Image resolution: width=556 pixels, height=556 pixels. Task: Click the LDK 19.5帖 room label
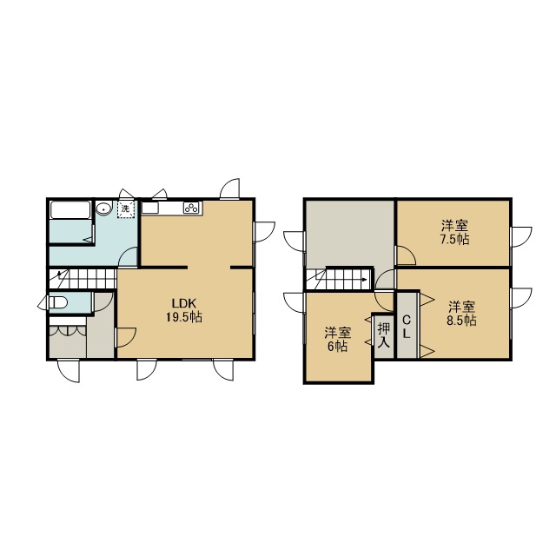(x=184, y=310)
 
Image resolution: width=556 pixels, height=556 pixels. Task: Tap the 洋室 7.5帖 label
(x=454, y=233)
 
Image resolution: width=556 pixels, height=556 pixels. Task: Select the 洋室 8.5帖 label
(x=461, y=314)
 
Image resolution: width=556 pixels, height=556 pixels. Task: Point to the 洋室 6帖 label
(x=337, y=340)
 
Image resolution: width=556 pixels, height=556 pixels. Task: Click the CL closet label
(x=407, y=327)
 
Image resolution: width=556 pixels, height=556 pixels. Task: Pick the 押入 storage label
(x=384, y=335)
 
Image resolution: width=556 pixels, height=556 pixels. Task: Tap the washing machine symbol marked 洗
(x=126, y=209)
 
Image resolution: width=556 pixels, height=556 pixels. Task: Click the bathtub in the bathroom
(x=69, y=210)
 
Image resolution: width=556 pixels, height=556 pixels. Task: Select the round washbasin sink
(x=103, y=208)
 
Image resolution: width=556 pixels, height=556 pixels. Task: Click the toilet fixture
(x=58, y=303)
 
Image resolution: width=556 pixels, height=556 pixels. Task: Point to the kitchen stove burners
(x=192, y=208)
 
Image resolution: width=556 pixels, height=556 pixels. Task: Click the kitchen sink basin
(x=150, y=208)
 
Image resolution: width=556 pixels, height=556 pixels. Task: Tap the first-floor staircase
(x=83, y=279)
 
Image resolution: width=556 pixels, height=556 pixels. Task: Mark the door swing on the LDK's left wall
(x=127, y=337)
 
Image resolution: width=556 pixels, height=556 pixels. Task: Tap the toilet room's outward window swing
(x=43, y=303)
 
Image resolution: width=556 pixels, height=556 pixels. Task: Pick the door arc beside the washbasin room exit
(x=128, y=256)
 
